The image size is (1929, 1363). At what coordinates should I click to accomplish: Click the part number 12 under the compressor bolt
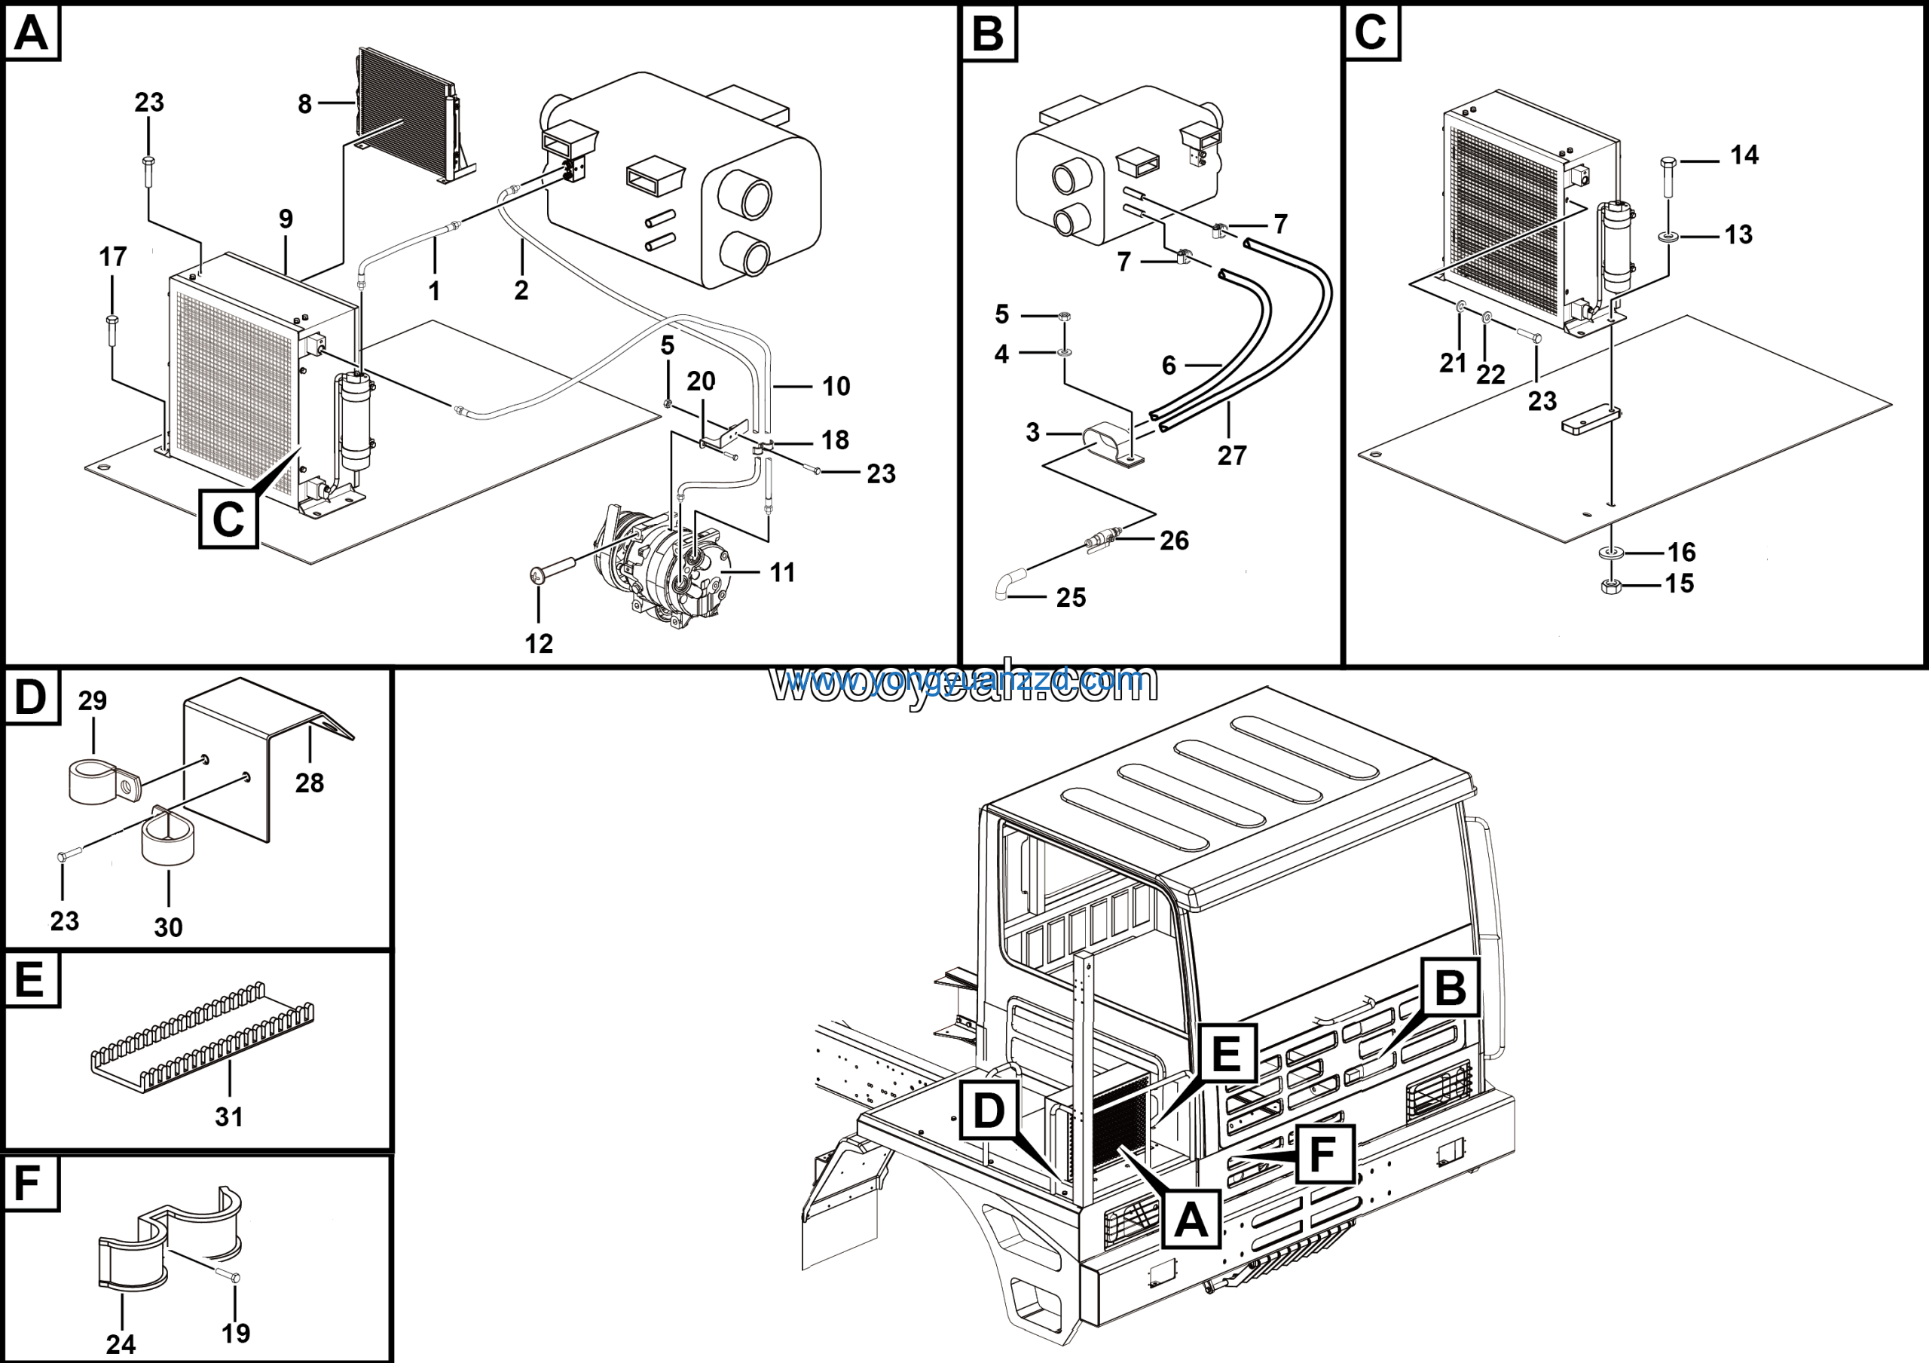point(539,644)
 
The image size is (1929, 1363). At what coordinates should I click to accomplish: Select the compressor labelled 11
point(664,571)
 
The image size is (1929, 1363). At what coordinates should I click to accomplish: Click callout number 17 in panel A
point(112,257)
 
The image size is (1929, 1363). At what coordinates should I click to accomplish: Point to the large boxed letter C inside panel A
point(228,519)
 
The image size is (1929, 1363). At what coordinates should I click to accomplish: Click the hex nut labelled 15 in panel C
point(1610,587)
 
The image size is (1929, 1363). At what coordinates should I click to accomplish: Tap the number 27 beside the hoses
point(1232,455)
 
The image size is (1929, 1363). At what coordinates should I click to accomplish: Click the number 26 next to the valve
point(1174,541)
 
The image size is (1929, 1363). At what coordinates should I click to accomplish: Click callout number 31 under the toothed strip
point(228,1116)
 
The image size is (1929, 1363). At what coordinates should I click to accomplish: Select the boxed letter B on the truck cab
point(1450,988)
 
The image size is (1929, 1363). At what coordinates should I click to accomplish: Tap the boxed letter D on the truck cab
point(988,1109)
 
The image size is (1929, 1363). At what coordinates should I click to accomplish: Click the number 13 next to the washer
point(1738,234)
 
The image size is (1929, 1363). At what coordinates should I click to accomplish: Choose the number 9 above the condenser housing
point(286,219)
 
